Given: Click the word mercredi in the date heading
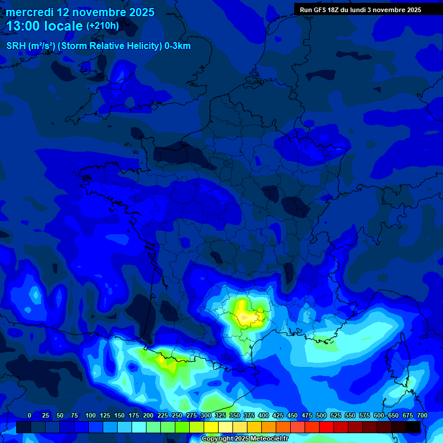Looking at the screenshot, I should [30, 12].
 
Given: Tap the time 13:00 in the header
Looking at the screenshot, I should [23, 26].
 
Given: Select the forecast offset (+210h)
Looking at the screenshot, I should [103, 26].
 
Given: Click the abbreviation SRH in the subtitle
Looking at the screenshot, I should [16, 46].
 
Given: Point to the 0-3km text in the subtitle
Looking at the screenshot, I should [178, 46].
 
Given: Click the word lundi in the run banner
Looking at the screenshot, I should [360, 10].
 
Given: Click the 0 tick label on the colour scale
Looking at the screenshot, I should [29, 415].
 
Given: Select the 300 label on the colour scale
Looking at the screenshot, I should [206, 415].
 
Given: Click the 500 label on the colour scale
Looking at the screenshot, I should [321, 415].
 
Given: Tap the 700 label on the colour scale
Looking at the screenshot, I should [422, 415].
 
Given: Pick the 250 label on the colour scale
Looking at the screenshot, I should [177, 415].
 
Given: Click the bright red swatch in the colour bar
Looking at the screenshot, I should [326, 427].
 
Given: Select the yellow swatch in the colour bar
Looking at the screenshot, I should [211, 427].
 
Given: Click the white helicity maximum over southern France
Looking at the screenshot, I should [247, 316].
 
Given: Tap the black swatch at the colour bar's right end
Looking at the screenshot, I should [413, 427].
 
